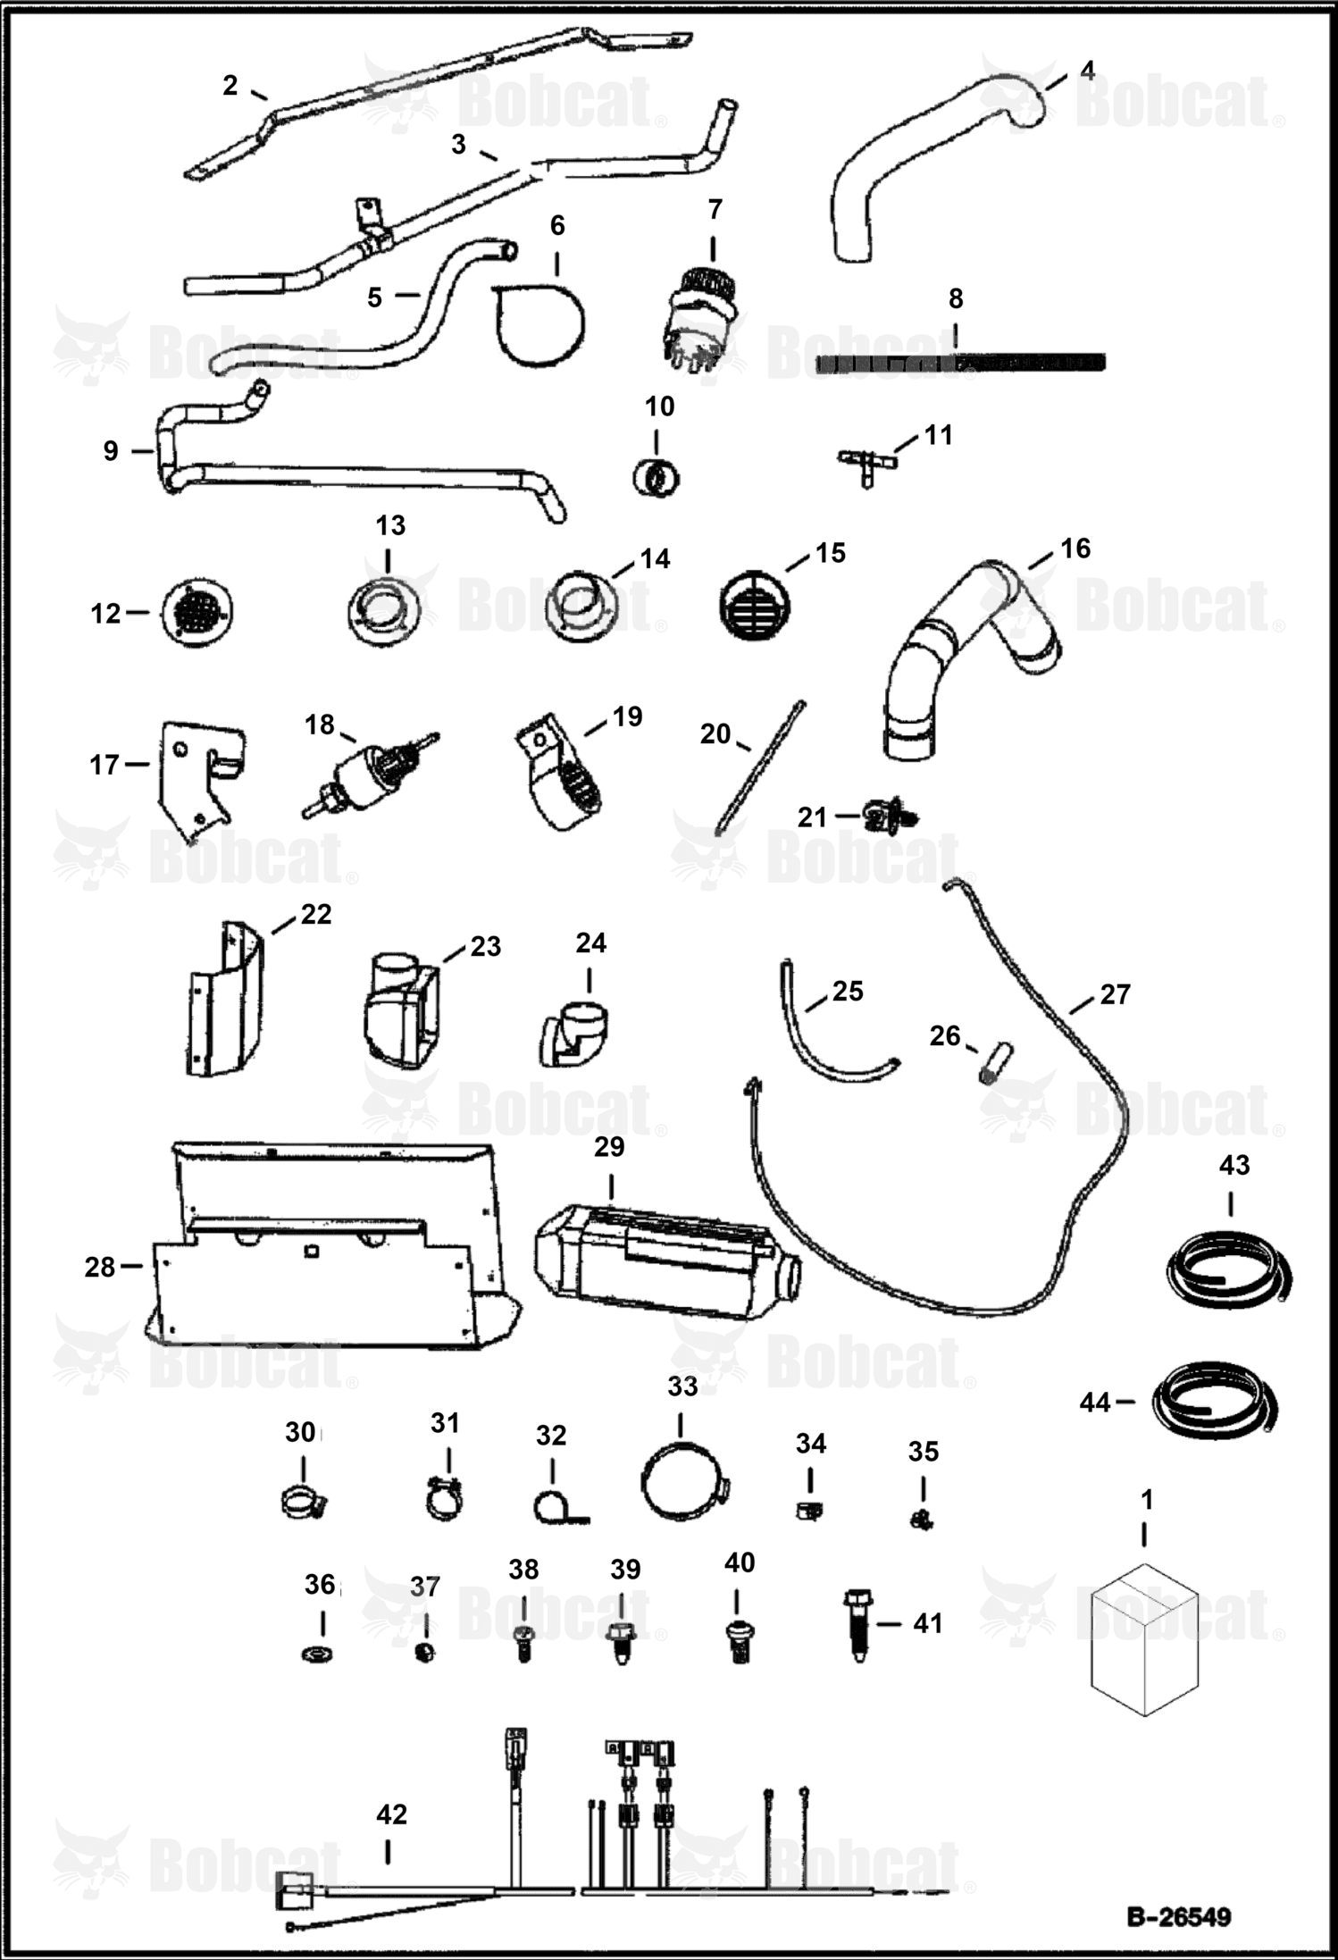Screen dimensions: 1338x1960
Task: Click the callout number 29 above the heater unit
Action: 609,1146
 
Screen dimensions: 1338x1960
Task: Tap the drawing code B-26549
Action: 1178,1916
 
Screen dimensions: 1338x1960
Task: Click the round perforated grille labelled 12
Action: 197,613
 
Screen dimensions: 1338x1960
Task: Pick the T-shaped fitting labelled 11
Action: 866,464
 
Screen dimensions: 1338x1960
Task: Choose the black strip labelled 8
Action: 961,363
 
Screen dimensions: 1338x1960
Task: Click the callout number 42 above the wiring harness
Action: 391,1814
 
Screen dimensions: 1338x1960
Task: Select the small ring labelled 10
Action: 656,478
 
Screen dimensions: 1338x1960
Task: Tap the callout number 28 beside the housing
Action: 100,1267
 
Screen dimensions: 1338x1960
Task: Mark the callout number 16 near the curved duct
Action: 1075,548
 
